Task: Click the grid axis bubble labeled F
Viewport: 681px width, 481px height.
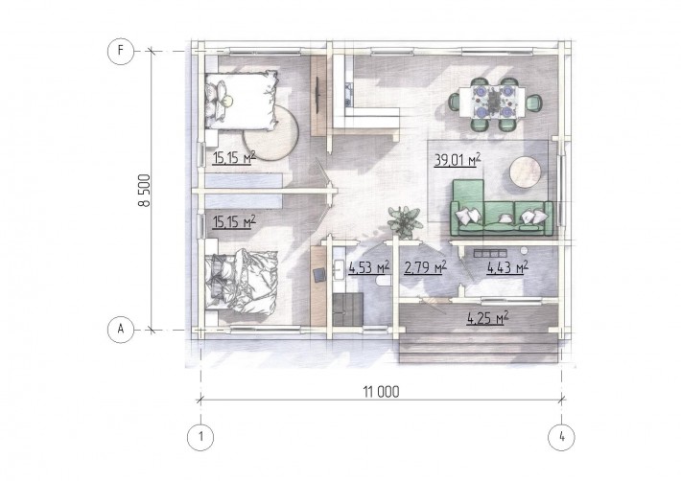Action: point(120,51)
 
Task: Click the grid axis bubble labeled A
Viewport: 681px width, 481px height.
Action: point(120,330)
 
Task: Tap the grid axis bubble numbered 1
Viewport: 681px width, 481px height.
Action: point(200,437)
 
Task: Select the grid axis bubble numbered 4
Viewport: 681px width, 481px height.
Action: point(561,437)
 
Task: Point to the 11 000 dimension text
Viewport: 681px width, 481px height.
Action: point(381,392)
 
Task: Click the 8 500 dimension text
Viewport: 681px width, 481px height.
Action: point(145,191)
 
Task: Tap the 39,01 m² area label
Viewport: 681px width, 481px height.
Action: point(458,160)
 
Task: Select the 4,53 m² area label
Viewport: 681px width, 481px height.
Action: point(368,267)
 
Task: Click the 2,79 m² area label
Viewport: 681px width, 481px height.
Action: point(425,267)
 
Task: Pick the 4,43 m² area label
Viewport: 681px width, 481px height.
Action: point(507,266)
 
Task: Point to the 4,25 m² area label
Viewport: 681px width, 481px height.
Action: point(488,319)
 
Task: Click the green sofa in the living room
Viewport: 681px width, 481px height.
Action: point(502,208)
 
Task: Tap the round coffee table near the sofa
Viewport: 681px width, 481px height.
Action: point(526,172)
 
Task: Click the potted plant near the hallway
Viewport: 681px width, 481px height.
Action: point(405,222)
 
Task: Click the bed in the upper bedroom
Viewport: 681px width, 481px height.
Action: point(241,101)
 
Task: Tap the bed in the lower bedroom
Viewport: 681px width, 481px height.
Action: point(241,280)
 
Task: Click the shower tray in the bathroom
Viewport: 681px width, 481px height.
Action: point(348,309)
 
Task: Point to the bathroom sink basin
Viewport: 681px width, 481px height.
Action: point(339,270)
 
